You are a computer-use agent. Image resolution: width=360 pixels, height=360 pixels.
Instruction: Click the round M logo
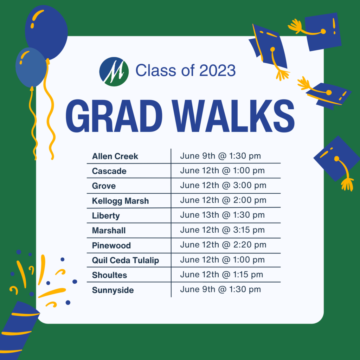(114, 72)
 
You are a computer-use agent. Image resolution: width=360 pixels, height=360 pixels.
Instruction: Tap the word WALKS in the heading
(234, 116)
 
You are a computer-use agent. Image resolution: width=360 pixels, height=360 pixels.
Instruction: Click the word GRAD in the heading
(114, 116)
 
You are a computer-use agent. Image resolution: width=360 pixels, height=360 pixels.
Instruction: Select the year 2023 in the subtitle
(217, 70)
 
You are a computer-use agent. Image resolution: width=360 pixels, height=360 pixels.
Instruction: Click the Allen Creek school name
(115, 156)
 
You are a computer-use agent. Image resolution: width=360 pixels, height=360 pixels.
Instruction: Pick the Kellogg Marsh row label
(120, 201)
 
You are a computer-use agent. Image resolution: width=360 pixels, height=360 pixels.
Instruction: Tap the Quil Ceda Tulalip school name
(126, 261)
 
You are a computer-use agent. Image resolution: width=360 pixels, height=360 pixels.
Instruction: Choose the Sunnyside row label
(113, 290)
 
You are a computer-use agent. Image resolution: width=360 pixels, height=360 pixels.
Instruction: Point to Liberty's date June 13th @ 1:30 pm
(222, 215)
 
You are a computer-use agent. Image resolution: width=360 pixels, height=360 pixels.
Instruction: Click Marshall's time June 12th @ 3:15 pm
(222, 230)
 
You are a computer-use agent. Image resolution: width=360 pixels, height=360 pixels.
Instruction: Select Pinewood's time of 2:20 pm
(250, 245)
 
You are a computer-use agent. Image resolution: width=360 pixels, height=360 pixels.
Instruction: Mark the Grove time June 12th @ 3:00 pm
(223, 186)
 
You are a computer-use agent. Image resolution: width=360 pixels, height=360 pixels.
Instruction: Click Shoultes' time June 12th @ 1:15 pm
(221, 275)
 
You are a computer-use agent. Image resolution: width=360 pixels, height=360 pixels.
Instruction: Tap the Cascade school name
(109, 171)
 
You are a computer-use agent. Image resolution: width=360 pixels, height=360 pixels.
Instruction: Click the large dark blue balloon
(46, 32)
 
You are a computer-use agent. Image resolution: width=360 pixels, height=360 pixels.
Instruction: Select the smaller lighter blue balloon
(31, 67)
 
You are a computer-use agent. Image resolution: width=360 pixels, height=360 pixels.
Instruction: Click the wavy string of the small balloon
(33, 123)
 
